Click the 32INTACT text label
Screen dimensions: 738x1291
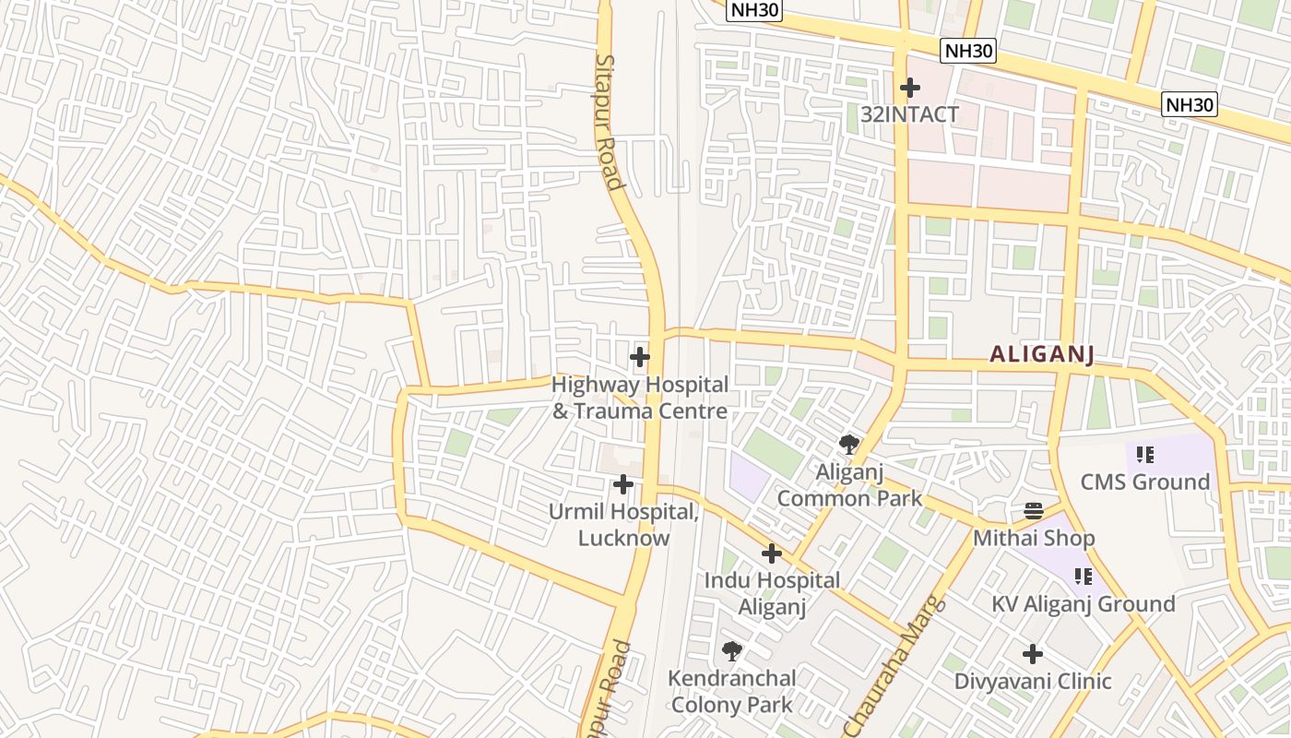[909, 114]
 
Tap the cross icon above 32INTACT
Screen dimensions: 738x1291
[910, 88]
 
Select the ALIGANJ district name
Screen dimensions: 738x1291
[1042, 354]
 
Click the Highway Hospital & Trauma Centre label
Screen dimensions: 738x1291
[640, 398]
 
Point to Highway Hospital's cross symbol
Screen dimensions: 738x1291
[639, 357]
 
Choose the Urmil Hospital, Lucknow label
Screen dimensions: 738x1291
[624, 525]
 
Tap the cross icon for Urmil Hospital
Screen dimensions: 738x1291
[623, 483]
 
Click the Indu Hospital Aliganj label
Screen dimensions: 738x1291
[772, 593]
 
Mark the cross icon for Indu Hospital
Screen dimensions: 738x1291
[772, 553]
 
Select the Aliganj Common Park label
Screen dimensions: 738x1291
[849, 485]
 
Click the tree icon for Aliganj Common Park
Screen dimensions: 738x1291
[849, 445]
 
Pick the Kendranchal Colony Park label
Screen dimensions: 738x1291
[731, 691]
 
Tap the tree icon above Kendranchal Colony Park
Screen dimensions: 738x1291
[732, 651]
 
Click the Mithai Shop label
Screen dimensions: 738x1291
[1034, 538]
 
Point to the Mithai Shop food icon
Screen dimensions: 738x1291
[1033, 511]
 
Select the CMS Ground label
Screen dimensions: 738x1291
[1144, 482]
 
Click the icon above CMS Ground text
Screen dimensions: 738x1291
[1145, 454]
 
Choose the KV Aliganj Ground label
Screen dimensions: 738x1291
[1083, 604]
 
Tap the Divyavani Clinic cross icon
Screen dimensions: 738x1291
[1033, 654]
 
